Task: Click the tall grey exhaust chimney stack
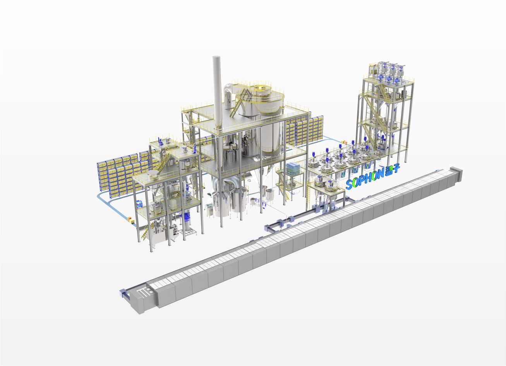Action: click(217, 92)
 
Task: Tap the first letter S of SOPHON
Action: click(350, 185)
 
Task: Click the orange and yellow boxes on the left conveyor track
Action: click(130, 219)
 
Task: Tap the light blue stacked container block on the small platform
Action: click(293, 168)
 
